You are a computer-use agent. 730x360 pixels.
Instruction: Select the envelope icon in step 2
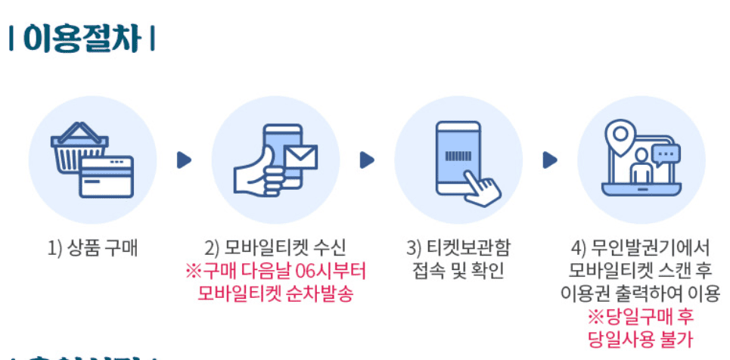coord(300,158)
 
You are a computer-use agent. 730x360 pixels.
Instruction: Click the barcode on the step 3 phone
coord(457,157)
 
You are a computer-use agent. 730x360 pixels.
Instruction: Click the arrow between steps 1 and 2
coord(184,160)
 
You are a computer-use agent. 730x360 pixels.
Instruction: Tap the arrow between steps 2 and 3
coord(367,160)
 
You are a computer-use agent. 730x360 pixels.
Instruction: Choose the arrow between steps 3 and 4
coord(550,160)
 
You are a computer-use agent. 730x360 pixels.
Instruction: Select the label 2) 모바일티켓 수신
coord(275,248)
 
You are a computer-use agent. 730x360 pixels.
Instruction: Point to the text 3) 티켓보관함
coord(458,248)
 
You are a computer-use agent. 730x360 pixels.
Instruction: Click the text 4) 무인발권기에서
coord(641,248)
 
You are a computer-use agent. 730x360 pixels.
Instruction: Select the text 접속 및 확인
coord(458,271)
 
